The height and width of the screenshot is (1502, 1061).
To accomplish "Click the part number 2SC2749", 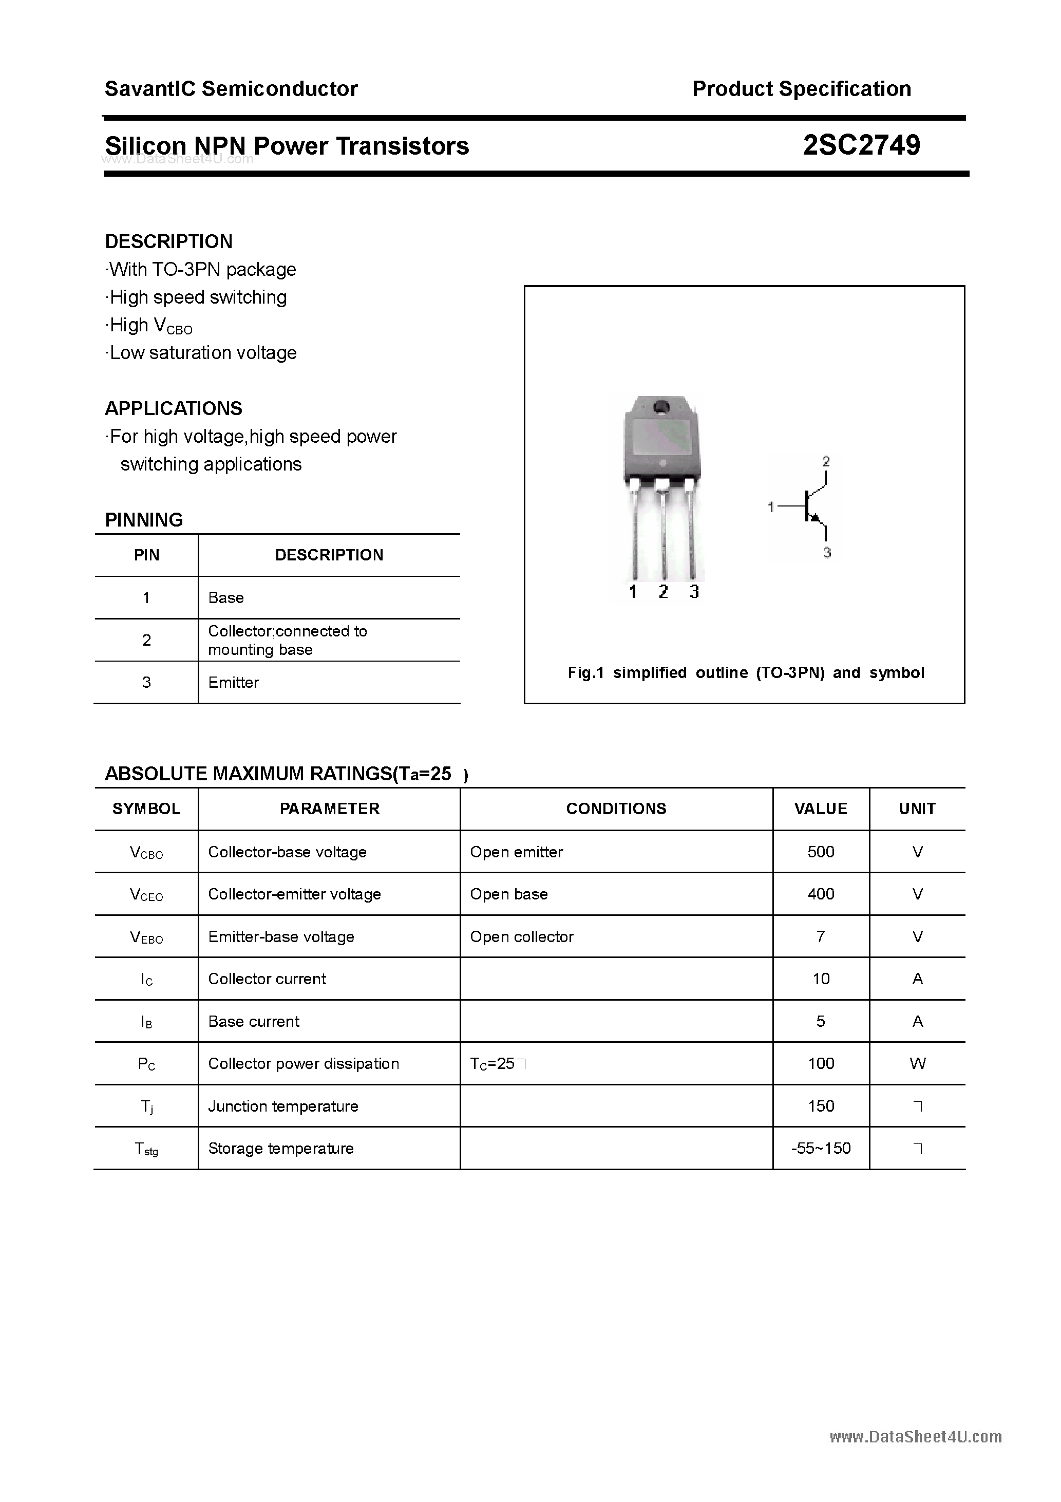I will [861, 145].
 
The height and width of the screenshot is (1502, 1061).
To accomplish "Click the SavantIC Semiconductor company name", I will [231, 89].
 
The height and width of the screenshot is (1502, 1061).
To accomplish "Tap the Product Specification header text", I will [801, 89].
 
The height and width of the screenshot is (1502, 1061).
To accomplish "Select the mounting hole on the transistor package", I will [660, 406].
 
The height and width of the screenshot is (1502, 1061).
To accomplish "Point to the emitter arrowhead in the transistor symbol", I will [815, 518].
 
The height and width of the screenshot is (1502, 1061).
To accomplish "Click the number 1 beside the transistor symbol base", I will [770, 507].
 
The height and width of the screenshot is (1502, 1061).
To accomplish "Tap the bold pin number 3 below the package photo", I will [694, 592].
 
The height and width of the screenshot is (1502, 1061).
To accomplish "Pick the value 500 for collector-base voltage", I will [820, 852].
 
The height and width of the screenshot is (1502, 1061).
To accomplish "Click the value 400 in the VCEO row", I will [820, 894].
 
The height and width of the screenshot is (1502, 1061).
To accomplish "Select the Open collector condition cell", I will [521, 937].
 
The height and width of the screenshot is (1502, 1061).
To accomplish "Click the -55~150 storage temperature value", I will [820, 1148].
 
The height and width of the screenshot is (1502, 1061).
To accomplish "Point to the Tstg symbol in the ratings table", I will [146, 1149].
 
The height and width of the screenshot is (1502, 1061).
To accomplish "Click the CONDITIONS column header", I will [616, 809].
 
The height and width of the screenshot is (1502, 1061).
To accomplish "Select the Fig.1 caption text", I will [746, 673].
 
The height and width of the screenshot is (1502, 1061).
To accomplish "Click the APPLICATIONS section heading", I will [174, 409].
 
